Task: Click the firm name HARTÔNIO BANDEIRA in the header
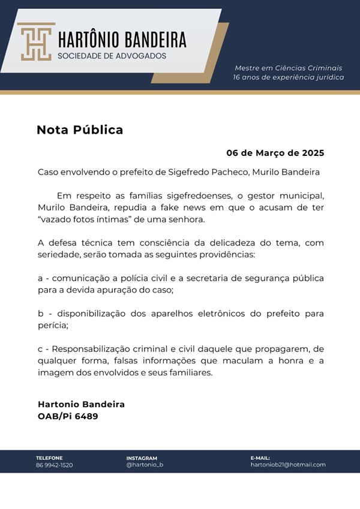[122, 40]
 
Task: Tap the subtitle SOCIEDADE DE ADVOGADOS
[112, 56]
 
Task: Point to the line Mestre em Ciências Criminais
[289, 68]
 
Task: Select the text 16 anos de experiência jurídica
[289, 77]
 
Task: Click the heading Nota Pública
[80, 129]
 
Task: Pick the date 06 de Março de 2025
[275, 153]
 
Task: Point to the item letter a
[40, 278]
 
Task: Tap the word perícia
[52, 325]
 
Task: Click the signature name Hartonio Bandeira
[81, 404]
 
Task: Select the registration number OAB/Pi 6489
[68, 415]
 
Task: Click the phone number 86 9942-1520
[54, 465]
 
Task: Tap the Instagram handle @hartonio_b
[145, 465]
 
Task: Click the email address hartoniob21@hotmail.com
[288, 465]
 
